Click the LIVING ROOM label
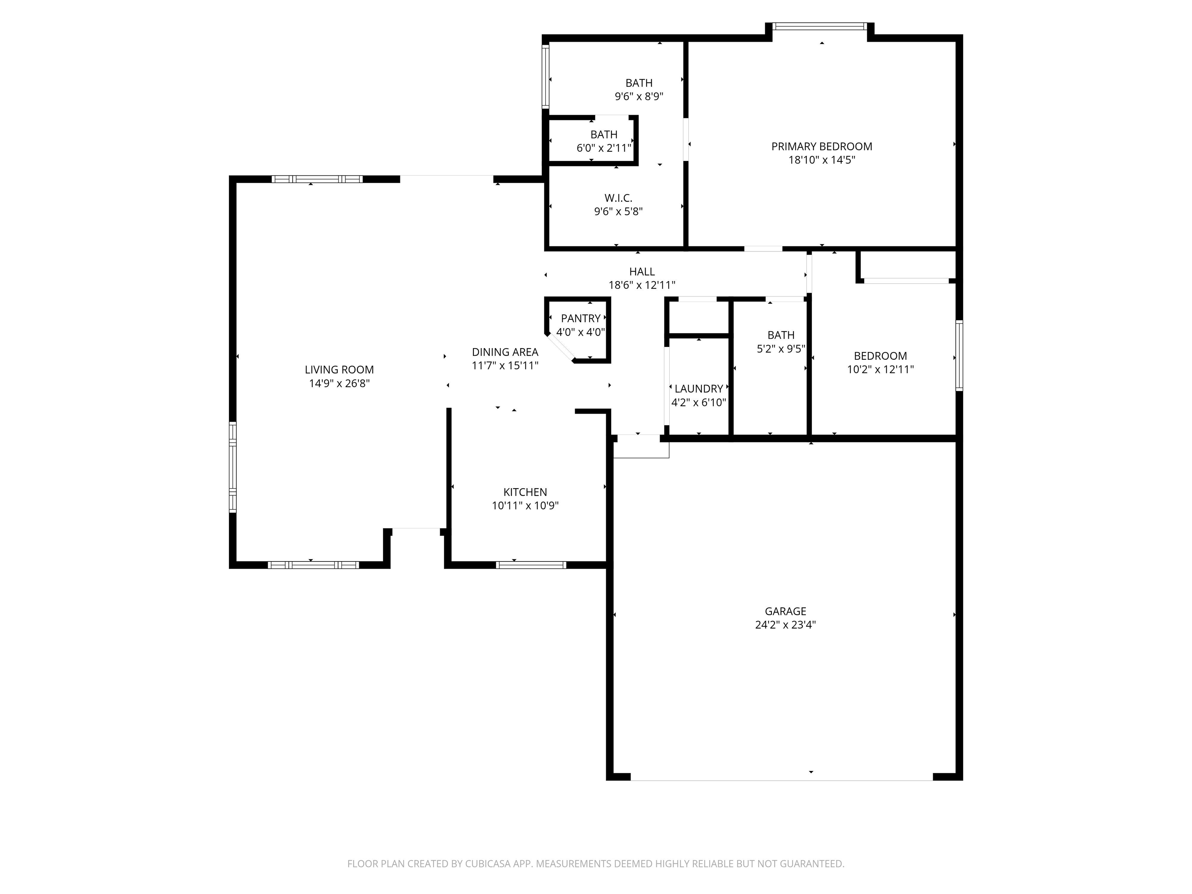[x=339, y=370]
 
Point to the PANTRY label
[x=580, y=319]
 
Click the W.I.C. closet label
[x=618, y=198]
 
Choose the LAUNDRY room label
[x=698, y=388]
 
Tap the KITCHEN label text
[x=525, y=492]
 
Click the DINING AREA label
[x=505, y=352]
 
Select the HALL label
[x=642, y=272]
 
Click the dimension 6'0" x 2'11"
[x=603, y=148]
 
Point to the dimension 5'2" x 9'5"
[x=781, y=349]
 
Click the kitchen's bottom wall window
[x=531, y=565]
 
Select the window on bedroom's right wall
[x=959, y=356]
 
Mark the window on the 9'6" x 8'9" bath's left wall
[x=545, y=77]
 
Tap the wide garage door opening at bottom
[x=781, y=777]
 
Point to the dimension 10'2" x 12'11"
[x=880, y=369]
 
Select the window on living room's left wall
[x=233, y=467]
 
